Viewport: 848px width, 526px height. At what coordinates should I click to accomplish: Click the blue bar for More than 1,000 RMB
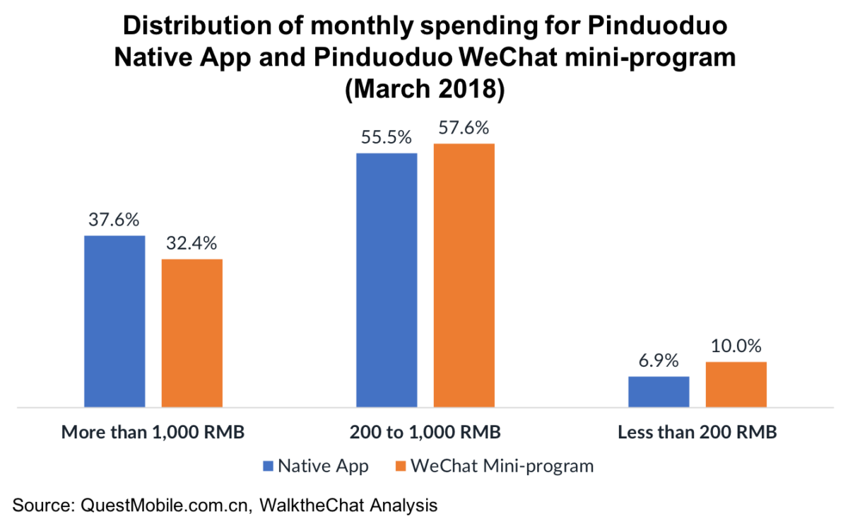point(114,322)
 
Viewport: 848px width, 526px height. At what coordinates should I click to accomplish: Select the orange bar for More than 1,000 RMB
point(192,333)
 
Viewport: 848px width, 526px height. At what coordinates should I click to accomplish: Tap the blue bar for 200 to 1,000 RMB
point(387,280)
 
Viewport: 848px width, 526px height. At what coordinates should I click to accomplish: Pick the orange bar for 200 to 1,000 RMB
point(464,276)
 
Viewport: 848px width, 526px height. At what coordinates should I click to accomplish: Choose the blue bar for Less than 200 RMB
point(659,392)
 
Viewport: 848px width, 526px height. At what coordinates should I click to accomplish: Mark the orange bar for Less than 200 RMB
point(736,385)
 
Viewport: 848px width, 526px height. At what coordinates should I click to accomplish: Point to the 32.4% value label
point(192,244)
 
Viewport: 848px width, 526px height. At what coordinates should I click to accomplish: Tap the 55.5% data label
point(387,138)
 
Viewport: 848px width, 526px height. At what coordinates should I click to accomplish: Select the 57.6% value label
point(464,129)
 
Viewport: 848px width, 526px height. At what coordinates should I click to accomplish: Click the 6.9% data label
point(659,361)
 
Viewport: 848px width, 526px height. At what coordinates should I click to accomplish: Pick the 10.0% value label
point(736,346)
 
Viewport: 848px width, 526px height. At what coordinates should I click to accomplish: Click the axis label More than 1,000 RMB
point(153,432)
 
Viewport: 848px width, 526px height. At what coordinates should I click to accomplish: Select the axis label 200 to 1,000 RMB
point(425,432)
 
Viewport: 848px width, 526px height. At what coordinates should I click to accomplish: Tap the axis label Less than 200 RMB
point(697,432)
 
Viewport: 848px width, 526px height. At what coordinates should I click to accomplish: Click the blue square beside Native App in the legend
point(267,467)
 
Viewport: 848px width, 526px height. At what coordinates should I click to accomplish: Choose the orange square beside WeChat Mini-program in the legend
point(401,467)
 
